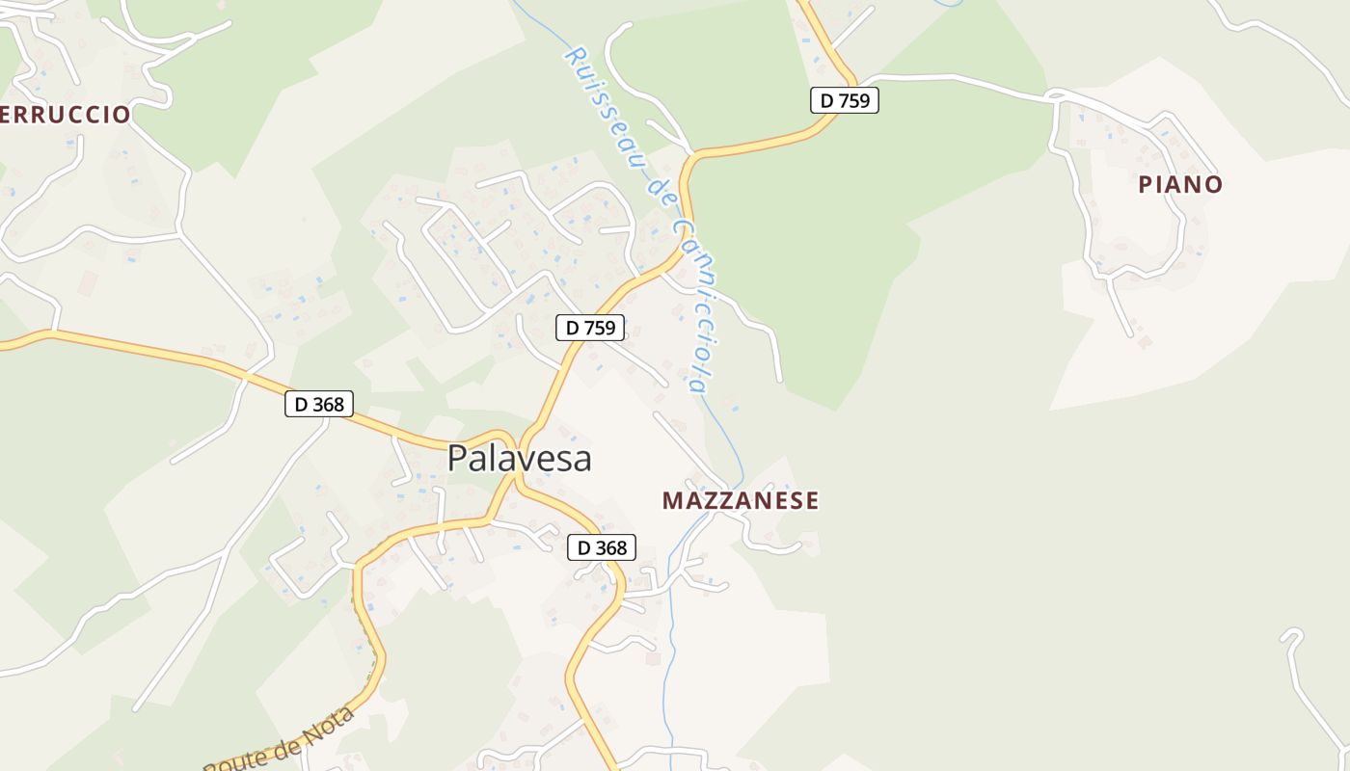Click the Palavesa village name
point(519,459)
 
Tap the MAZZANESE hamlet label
point(741,501)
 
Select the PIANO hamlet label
point(1180,184)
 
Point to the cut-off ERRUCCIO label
point(65,115)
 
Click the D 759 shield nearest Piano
point(844,100)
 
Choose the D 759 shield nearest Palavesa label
point(591,328)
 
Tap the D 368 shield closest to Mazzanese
point(602,547)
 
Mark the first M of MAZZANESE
point(672,501)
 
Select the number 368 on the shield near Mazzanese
point(610,547)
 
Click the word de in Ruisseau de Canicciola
point(661,193)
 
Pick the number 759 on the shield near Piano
point(852,100)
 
